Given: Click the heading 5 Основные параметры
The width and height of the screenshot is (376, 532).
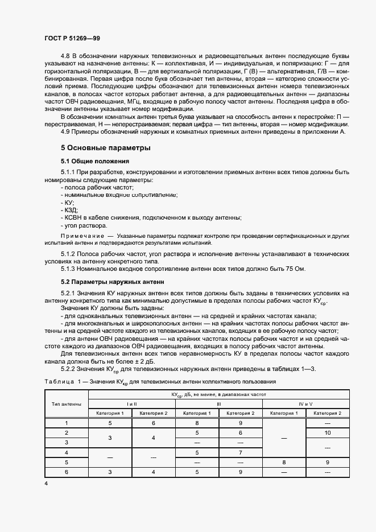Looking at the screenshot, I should (105, 148).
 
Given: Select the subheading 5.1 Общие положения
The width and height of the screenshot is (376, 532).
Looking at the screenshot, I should (96, 162).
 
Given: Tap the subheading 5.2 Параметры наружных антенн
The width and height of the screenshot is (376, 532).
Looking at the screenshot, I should (112, 281).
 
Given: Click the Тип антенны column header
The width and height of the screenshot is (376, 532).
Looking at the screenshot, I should (66, 403).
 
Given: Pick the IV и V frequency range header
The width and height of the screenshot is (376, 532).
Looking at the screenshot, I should (306, 403).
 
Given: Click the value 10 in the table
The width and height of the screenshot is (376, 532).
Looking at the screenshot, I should (327, 433).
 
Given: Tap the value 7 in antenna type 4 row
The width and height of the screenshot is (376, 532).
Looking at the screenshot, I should (241, 452).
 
